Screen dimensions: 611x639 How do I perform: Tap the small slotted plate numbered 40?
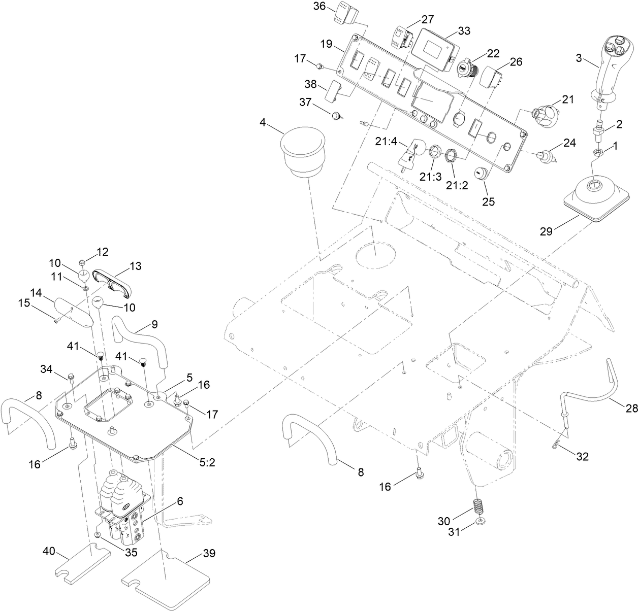tap(83, 563)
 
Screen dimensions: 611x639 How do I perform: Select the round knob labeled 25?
tap(480, 173)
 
